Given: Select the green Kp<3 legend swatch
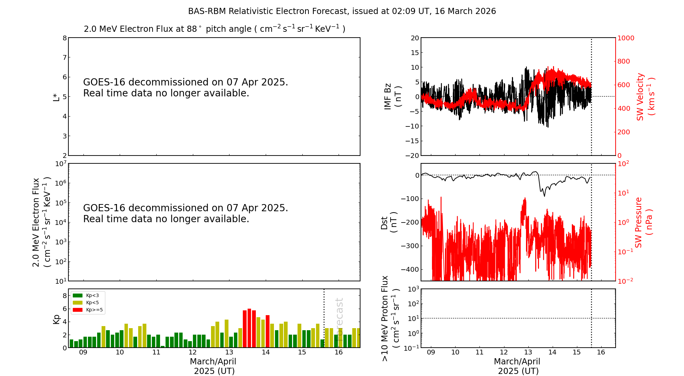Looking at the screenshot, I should [78, 295].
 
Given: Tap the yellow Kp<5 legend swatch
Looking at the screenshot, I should [78, 303].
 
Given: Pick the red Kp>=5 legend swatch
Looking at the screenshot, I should [78, 310].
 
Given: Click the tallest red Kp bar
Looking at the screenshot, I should [249, 328].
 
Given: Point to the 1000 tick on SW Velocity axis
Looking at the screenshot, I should [626, 38].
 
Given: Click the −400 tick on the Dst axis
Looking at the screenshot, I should [410, 269].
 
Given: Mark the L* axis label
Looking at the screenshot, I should [56, 97].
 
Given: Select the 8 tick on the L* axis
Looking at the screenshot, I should [65, 38].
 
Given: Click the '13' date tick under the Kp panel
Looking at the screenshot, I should [229, 352].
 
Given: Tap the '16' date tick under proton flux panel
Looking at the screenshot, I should [601, 352].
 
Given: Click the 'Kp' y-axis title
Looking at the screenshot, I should [56, 319].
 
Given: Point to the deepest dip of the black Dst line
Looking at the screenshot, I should [544, 196].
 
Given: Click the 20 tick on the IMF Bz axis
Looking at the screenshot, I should [415, 38].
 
